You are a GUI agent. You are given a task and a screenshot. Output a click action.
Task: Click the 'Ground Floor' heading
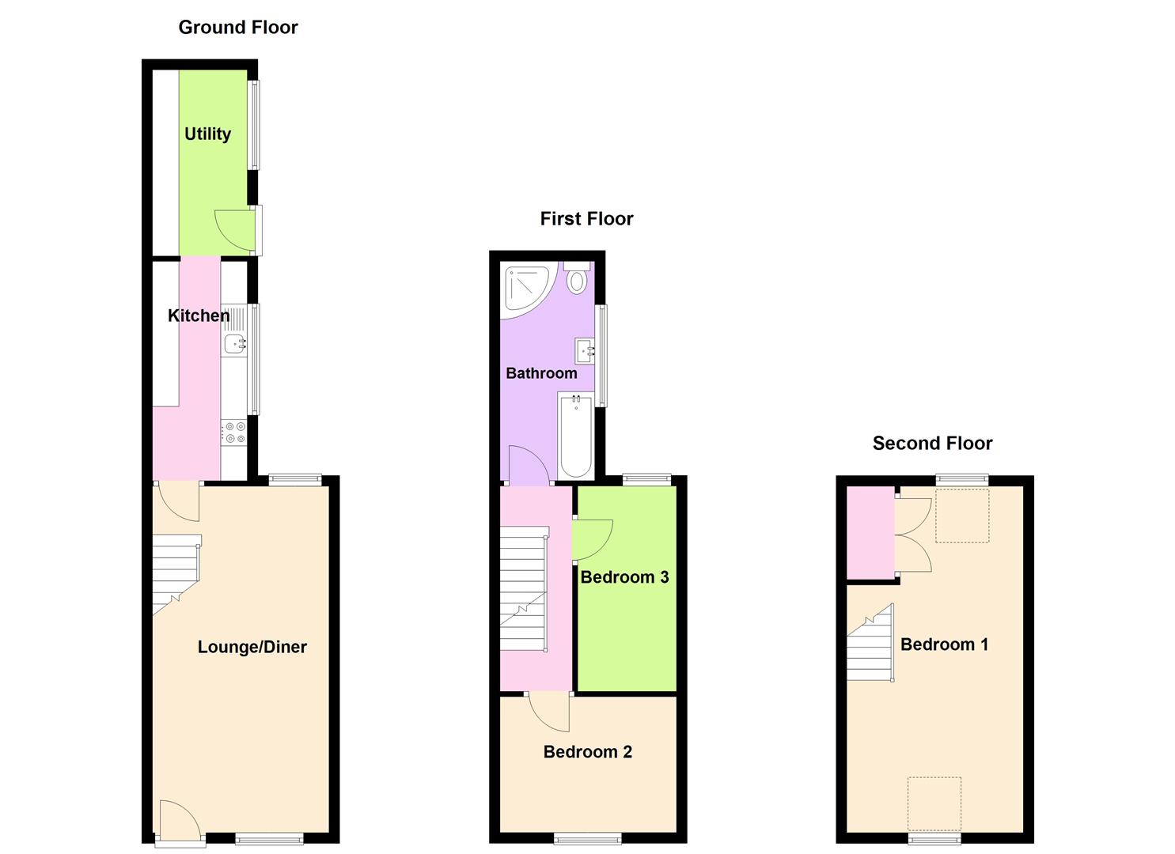click(x=237, y=28)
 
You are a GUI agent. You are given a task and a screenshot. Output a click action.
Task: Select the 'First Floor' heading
click(x=586, y=219)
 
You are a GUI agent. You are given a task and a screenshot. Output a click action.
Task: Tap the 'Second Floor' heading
click(x=932, y=444)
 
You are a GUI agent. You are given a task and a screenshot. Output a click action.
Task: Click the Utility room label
click(x=207, y=134)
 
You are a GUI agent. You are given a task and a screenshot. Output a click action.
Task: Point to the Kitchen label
click(x=198, y=316)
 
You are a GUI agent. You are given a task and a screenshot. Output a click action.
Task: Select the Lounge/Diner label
click(x=252, y=647)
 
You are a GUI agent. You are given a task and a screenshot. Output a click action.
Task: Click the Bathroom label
click(x=541, y=373)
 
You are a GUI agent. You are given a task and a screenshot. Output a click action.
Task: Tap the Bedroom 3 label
click(x=624, y=577)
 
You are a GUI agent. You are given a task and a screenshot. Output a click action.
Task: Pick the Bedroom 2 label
click(x=587, y=752)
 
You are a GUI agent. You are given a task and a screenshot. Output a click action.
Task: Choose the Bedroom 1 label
click(x=944, y=644)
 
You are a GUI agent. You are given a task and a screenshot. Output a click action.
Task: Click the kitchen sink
click(x=234, y=344)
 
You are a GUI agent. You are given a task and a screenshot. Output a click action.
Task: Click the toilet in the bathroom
click(x=577, y=279)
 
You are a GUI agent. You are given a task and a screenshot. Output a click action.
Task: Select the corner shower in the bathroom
click(x=525, y=288)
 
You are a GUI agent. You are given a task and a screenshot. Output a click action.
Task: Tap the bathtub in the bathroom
click(x=576, y=436)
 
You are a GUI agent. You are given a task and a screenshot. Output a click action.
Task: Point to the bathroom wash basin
click(x=584, y=350)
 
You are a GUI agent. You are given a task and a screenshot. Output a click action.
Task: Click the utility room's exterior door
click(x=236, y=230)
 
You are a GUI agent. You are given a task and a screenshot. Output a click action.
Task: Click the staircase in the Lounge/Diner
click(x=176, y=572)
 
